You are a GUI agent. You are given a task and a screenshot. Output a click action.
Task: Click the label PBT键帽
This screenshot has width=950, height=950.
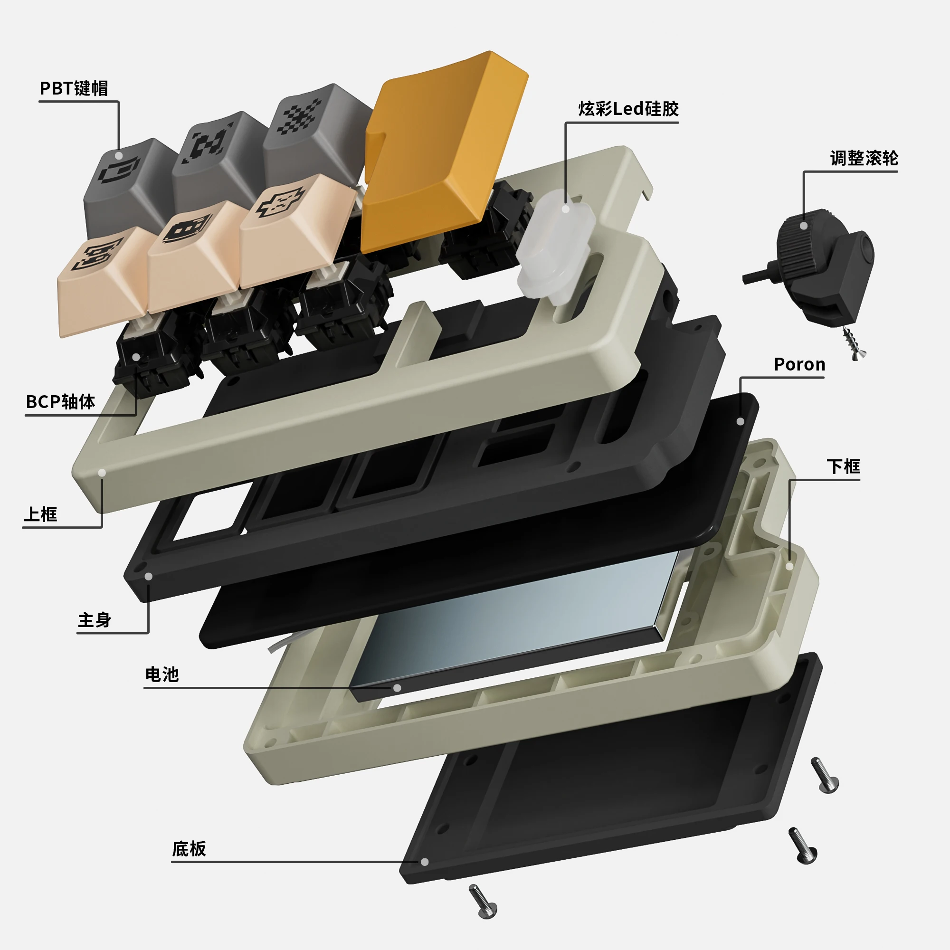tap(74, 88)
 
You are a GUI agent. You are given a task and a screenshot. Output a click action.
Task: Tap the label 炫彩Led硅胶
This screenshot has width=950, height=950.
tap(628, 109)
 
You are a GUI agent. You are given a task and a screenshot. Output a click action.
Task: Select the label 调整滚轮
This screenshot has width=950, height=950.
tap(864, 158)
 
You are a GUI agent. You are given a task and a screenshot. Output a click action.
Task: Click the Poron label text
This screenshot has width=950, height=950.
tap(799, 364)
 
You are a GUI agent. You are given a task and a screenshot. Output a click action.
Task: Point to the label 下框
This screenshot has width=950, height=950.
tap(843, 466)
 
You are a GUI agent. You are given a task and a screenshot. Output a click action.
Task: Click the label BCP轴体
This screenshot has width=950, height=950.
tap(60, 402)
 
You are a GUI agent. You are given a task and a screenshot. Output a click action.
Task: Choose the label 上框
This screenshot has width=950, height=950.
tap(40, 514)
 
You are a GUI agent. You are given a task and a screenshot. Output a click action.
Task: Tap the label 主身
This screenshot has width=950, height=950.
tap(95, 619)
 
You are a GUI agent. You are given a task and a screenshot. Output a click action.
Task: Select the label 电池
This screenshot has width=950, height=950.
tap(162, 674)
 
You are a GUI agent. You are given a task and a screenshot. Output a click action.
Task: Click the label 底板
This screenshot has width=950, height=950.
tap(189, 849)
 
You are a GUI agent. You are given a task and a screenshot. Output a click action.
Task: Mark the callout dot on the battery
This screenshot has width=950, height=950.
tap(397, 688)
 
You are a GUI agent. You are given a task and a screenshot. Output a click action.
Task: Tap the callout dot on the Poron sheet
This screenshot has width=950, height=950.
tap(740, 421)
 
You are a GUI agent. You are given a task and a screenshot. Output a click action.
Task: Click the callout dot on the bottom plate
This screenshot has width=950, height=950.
tap(424, 862)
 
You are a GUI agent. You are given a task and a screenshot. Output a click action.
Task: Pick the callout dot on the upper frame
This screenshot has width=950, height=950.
tap(102, 473)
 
